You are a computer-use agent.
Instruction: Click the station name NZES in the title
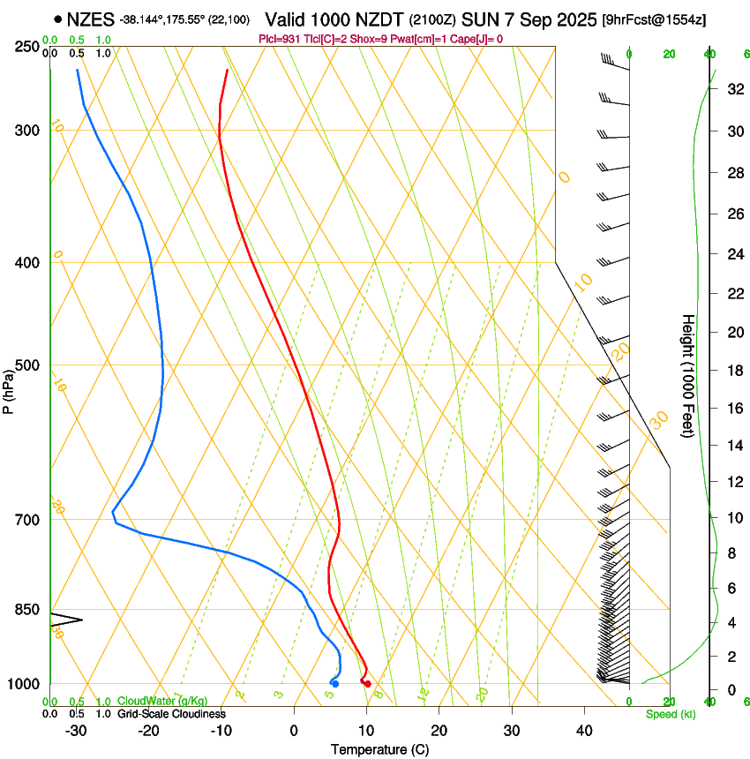click(91, 19)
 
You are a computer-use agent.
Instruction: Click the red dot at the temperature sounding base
click(367, 684)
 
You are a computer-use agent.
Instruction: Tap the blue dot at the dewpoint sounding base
click(335, 684)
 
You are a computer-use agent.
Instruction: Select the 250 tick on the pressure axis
click(26, 47)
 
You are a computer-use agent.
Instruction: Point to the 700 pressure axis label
click(26, 520)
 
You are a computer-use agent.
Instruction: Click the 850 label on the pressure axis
click(26, 610)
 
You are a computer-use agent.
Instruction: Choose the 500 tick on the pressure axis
click(26, 365)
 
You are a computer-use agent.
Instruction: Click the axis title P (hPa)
click(8, 389)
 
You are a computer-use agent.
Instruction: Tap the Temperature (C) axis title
click(379, 750)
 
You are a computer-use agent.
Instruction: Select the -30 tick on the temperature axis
click(76, 730)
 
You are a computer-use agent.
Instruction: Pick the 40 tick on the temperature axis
click(584, 730)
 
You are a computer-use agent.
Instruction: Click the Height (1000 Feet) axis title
click(688, 375)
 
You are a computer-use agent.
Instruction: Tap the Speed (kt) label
click(671, 714)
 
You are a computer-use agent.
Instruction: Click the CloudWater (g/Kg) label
click(162, 702)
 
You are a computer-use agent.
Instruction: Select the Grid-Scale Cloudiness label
click(171, 714)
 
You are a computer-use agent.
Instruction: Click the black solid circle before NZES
click(57, 19)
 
